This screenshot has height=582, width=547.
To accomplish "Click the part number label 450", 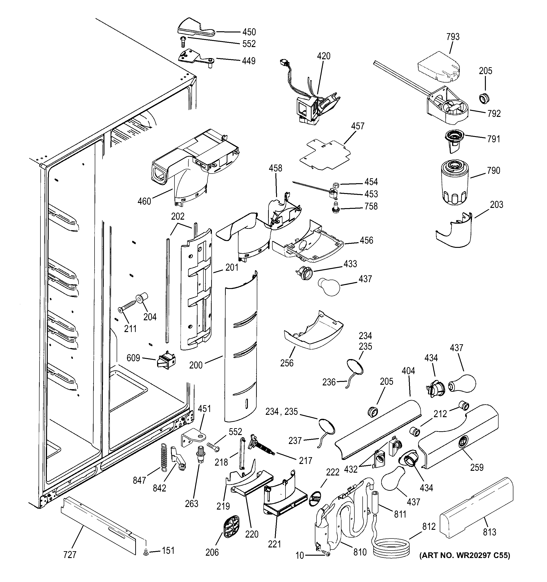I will coord(249,32).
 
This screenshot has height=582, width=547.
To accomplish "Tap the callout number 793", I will coord(453,37).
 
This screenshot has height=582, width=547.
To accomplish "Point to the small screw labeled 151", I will coord(146,552).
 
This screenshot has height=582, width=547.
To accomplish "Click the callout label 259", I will coord(477,467).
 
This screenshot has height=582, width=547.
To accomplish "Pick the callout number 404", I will coord(408,371).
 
